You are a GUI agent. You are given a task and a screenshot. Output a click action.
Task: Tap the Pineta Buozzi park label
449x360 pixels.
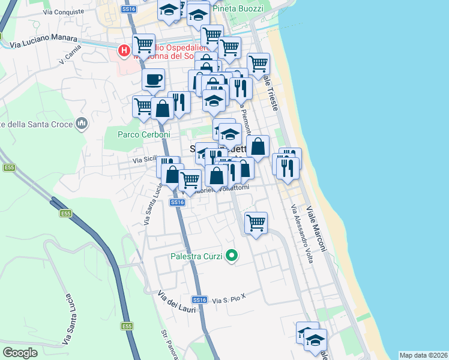pos(240,9)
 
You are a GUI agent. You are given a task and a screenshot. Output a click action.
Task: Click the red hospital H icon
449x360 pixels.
pos(124,50)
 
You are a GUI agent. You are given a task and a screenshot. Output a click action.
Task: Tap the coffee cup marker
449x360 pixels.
pos(153,79)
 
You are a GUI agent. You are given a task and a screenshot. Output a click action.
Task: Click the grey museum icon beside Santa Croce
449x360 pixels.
pos(82,124)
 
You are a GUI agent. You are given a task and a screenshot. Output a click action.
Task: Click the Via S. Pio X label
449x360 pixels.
pos(229,298)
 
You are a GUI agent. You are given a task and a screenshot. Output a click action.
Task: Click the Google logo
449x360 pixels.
pos(20,353)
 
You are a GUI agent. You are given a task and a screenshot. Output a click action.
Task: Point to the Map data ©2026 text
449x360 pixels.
pos(423,355)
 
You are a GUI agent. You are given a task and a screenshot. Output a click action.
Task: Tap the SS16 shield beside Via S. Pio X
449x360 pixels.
pos(200,299)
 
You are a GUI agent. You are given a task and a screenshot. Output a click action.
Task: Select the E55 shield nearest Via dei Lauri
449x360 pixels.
pos(126,326)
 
